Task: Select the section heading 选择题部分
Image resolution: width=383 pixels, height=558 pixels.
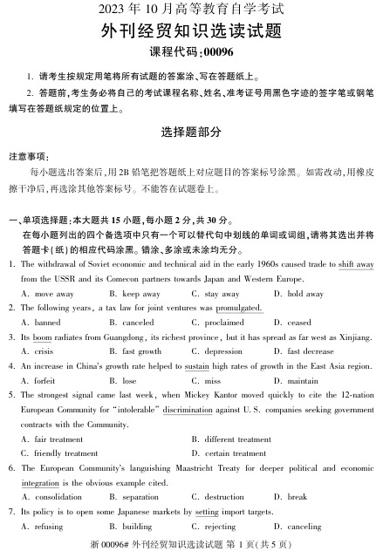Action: click(191, 133)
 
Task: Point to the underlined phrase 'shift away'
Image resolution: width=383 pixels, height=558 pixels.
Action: click(355, 263)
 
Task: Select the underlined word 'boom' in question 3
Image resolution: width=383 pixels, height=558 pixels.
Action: click(43, 337)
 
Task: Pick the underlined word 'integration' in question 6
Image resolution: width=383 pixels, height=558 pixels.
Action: click(39, 481)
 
